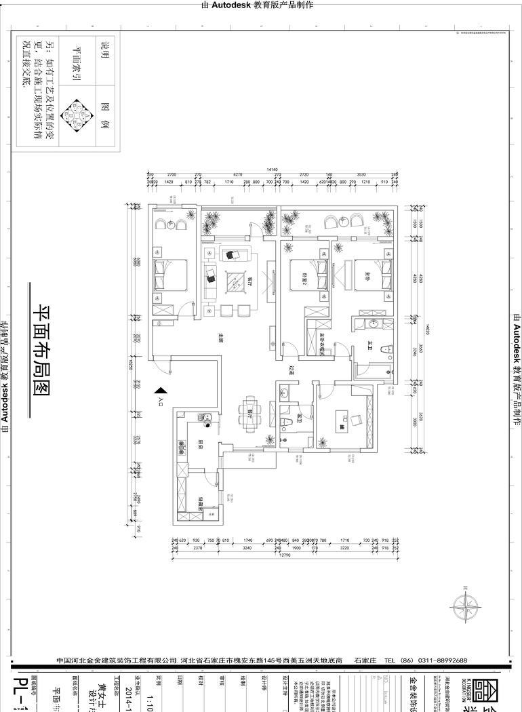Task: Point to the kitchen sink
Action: click(x=206, y=419)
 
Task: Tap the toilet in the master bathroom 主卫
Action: click(x=386, y=351)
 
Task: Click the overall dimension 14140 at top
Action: click(x=272, y=170)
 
